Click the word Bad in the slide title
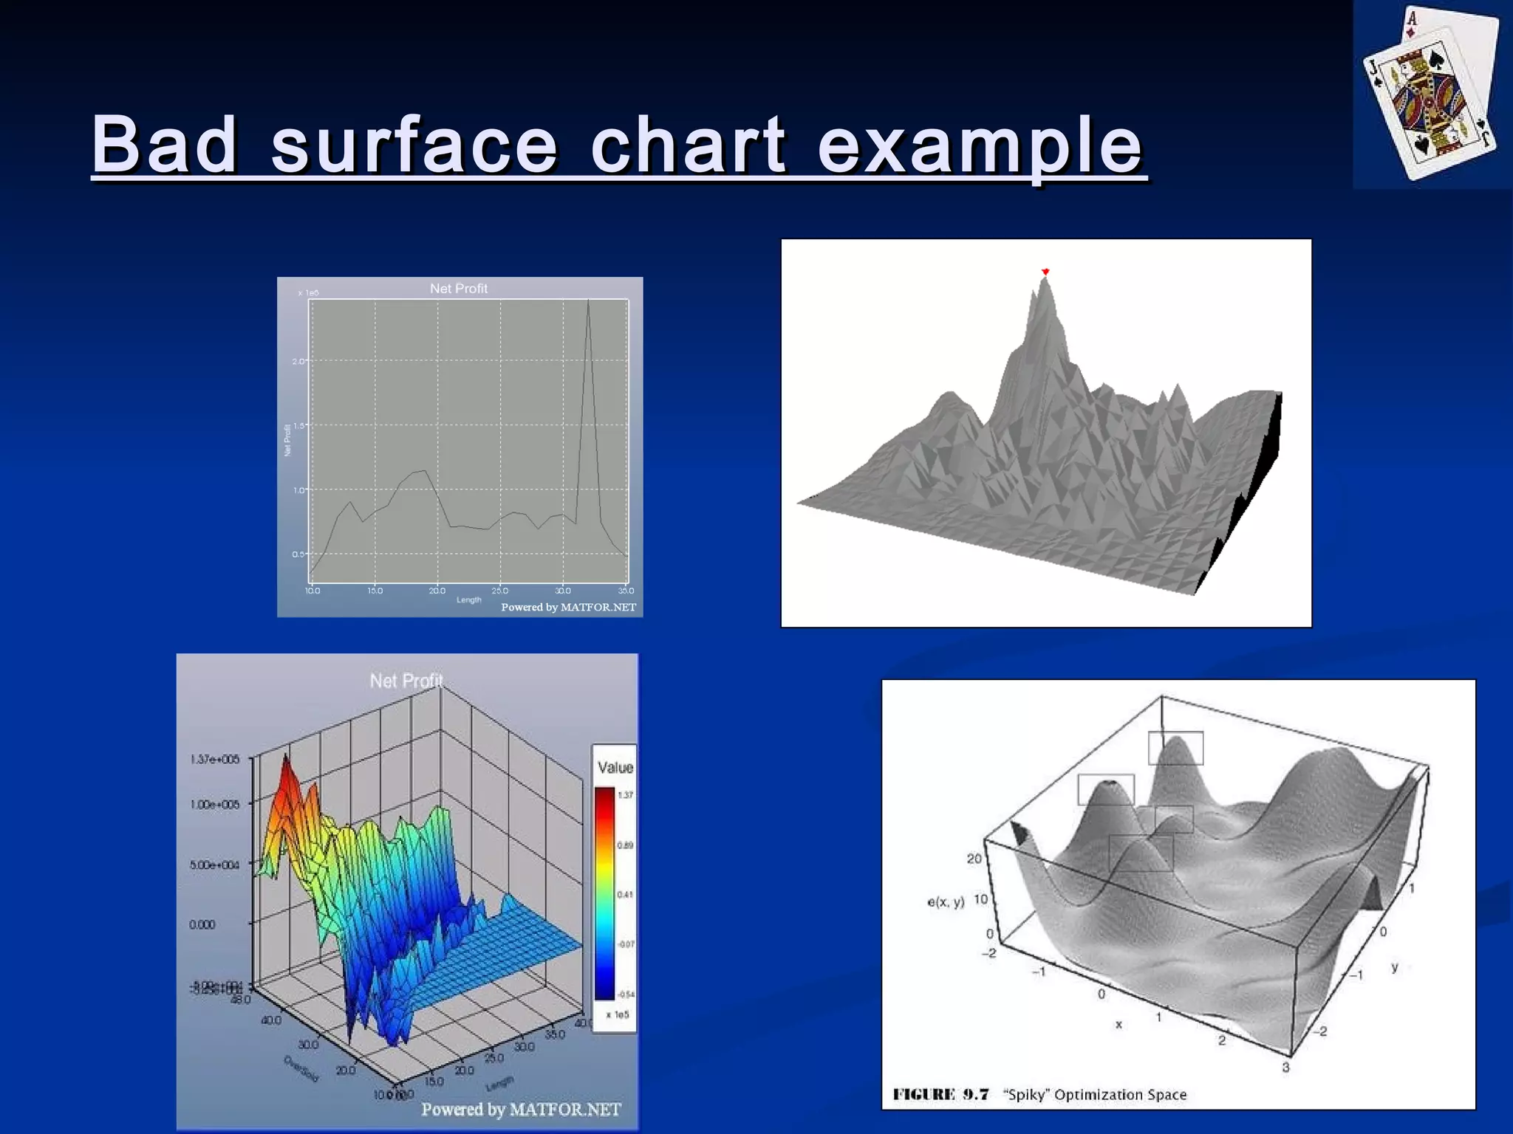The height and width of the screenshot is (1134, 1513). click(164, 145)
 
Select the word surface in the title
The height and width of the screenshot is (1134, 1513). click(414, 145)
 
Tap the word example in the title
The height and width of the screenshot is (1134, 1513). click(980, 146)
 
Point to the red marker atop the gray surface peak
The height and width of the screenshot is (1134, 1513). click(1045, 272)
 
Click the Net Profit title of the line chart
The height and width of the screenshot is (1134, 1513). click(459, 289)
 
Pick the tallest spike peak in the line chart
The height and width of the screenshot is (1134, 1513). click(588, 301)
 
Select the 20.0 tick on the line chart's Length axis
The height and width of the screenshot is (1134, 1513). click(437, 591)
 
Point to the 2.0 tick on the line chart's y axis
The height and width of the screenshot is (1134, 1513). click(298, 361)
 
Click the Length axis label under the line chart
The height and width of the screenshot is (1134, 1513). click(468, 599)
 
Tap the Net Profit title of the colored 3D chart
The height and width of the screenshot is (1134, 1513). click(406, 681)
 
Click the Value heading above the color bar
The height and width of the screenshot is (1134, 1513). click(615, 768)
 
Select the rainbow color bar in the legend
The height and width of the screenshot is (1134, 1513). click(604, 893)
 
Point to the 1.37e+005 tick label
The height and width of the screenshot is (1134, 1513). click(215, 759)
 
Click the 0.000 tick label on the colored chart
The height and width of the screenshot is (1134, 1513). click(202, 924)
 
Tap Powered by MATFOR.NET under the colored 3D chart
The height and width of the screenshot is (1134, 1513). click(521, 1110)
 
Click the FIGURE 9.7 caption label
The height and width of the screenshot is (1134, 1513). click(940, 1094)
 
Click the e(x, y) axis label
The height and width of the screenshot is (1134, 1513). click(946, 901)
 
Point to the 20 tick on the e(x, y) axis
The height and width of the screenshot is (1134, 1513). click(974, 859)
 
